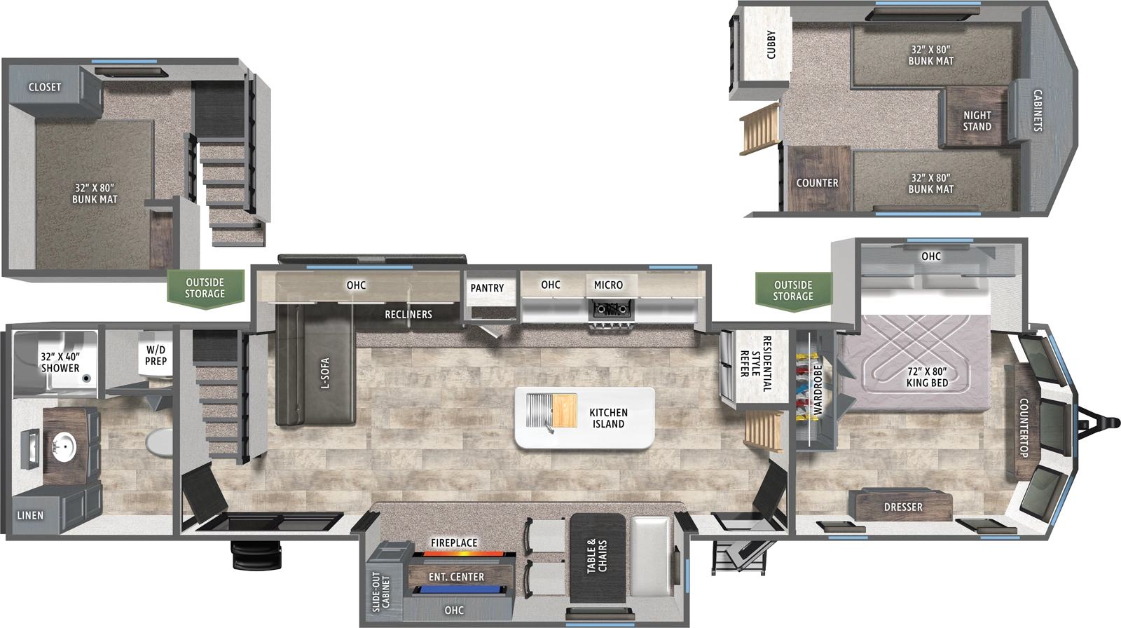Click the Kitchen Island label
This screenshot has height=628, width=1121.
(608, 418)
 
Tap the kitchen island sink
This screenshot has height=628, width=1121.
(540, 411)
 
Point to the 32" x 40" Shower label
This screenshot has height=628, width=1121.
(60, 362)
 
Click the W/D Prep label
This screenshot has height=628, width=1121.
(156, 355)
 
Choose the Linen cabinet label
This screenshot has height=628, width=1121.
(30, 515)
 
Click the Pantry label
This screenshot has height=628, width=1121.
(487, 288)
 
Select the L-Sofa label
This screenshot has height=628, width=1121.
(324, 373)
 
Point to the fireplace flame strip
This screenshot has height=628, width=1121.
(457, 554)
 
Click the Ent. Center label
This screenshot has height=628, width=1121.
(456, 577)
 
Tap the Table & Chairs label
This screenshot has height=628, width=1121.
(597, 557)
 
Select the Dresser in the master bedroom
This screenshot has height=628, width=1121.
(902, 507)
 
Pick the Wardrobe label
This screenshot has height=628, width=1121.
(817, 390)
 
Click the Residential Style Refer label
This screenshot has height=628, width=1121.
(755, 364)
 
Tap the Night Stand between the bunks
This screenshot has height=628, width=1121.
(977, 121)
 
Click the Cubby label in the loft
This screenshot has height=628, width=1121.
(771, 45)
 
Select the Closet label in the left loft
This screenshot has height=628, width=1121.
(45, 87)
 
